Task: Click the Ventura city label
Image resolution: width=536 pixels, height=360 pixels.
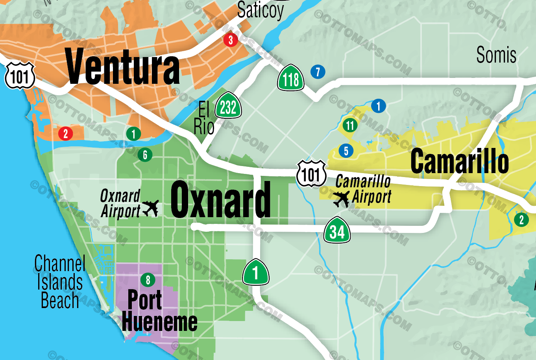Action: coord(122,66)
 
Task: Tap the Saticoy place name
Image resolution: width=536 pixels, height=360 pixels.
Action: coord(260,10)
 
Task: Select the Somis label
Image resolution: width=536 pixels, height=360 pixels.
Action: coord(496,55)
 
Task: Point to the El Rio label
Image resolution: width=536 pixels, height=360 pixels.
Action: coord(204,118)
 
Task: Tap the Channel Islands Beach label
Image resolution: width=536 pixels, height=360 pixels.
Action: coord(60,282)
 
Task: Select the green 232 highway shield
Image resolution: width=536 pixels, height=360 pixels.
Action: coord(228,106)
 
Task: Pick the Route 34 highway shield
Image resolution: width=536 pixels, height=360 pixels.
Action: coord(337,231)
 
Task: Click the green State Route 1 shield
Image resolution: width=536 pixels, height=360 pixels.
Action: coord(255,272)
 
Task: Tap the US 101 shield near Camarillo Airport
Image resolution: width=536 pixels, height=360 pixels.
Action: coord(311,174)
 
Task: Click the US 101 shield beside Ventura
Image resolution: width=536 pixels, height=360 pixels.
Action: coord(20,76)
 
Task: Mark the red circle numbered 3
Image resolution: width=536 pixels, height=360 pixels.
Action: coord(231,40)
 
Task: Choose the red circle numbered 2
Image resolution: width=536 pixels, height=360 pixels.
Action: coord(66,134)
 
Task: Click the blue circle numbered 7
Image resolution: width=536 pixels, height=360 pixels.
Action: coord(318,72)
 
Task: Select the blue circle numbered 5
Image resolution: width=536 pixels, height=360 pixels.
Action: coord(346,151)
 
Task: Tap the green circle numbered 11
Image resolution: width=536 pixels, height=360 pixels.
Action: coord(350,126)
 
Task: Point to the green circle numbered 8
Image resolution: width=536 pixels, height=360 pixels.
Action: coord(148,280)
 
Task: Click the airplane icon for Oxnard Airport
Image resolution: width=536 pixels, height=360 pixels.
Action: coord(150,208)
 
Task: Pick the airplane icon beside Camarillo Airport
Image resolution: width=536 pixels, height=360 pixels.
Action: coord(341,199)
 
